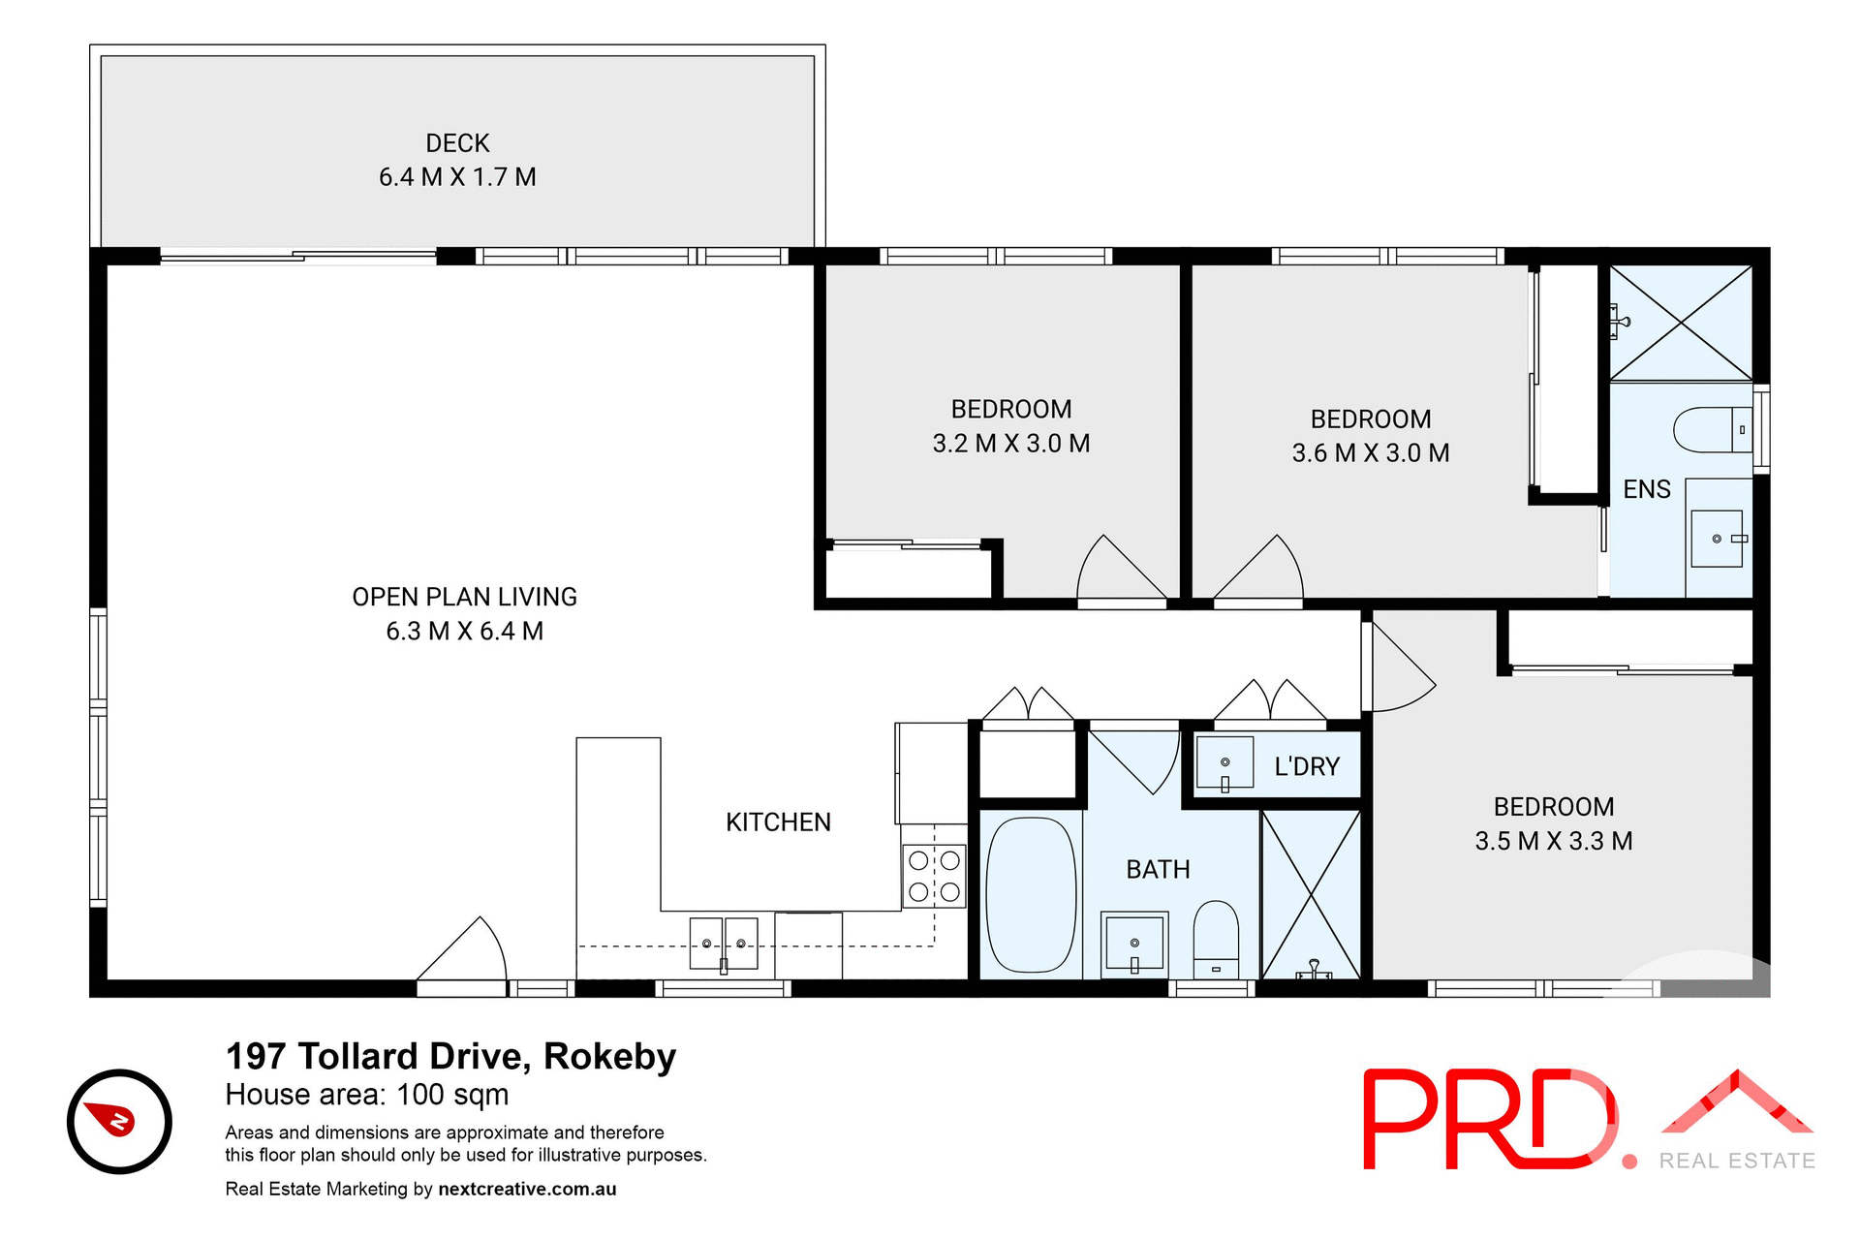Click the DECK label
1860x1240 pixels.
pos(457,143)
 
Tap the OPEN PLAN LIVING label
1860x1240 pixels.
pos(464,597)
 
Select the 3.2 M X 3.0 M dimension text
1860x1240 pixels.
pos(1010,444)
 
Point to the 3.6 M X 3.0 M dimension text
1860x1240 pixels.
pos(1370,453)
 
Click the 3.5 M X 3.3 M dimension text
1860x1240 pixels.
pos(1553,841)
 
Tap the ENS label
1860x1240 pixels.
pos(1646,489)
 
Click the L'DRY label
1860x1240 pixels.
pos(1306,767)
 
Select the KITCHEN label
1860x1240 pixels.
pos(778,822)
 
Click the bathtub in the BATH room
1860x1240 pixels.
pos(1031,896)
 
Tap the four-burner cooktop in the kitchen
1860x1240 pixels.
pos(934,877)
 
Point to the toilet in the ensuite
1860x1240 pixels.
pos(1712,430)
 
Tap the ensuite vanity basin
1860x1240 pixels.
pos(1716,539)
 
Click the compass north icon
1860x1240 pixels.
pos(119,1122)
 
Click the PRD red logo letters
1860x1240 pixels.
pos(1486,1120)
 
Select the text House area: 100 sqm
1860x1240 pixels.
pos(366,1095)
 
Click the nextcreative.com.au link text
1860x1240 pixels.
pos(527,1189)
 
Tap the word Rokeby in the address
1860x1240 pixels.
pos(609,1056)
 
